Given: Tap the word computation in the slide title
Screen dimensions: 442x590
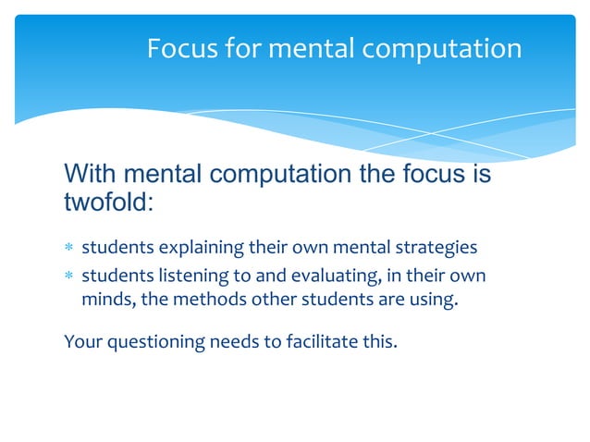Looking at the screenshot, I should tap(441, 49).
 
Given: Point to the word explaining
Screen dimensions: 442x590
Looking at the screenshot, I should tap(201, 249).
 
